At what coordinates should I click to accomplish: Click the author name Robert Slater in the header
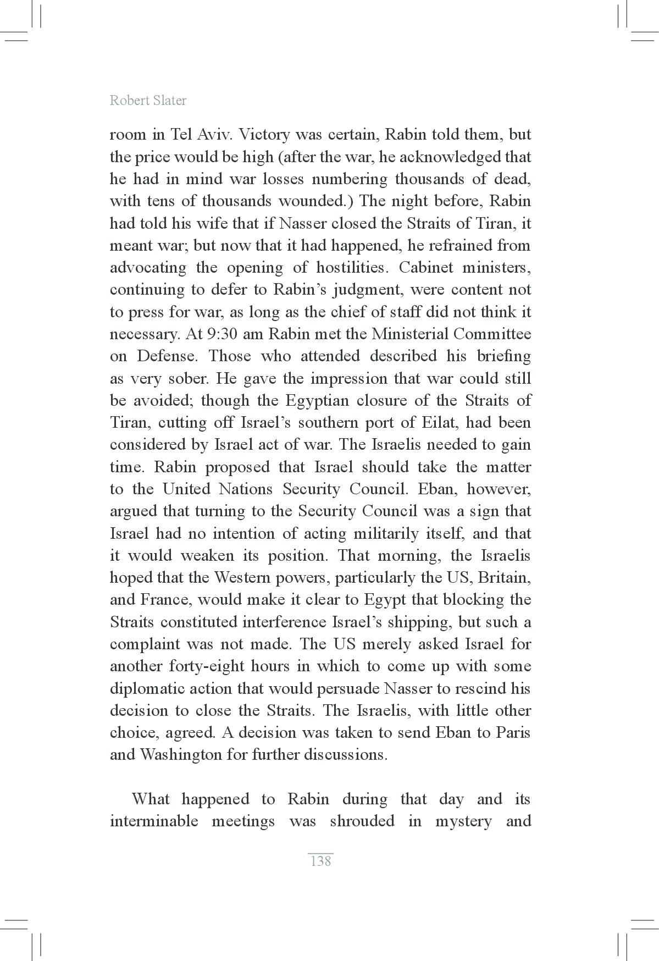coord(148,101)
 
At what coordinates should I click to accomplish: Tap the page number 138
coord(320,861)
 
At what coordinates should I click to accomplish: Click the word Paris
coord(512,733)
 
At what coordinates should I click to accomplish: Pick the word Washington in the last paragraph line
coord(180,755)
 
